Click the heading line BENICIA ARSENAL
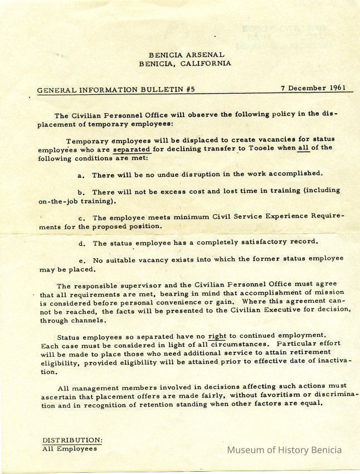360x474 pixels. pos(186,55)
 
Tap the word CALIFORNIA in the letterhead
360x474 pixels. pos(207,63)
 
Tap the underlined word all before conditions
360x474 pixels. pos(303,148)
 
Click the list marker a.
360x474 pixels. pos(81,175)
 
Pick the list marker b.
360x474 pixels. pos(81,192)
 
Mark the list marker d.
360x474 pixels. pos(81,244)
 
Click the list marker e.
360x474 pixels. pos(81,260)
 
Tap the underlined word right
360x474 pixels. pos(216,337)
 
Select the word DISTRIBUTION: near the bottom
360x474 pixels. pos(72,440)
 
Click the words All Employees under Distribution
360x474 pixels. pos(70,448)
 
